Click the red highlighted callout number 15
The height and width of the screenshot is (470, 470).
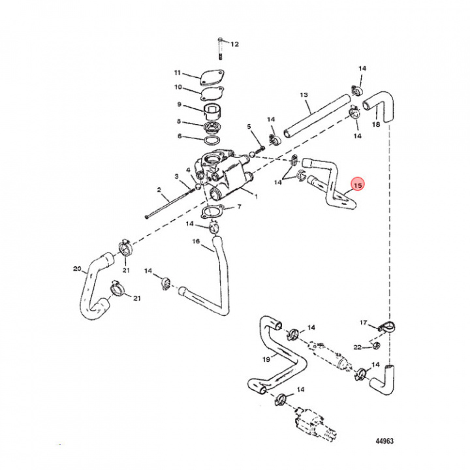point(357,185)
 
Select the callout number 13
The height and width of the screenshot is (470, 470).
point(304,95)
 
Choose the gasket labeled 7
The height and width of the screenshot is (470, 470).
point(211,213)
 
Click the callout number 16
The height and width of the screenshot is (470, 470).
point(195,242)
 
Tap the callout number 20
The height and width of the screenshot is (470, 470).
point(77,269)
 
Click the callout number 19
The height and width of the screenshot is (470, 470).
point(266,359)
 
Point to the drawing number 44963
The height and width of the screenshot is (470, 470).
point(384,441)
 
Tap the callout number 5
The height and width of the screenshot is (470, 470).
point(249,126)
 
